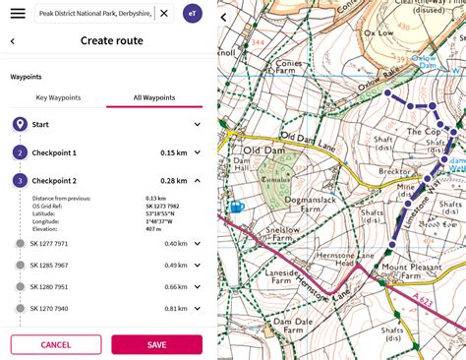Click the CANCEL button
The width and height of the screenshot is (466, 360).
click(56, 344)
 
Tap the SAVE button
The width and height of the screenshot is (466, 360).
click(156, 344)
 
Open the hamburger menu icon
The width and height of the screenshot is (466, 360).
click(18, 14)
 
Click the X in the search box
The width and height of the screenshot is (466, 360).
click(163, 14)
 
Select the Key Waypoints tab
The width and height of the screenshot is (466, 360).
click(58, 97)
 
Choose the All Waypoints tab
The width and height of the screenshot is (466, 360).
click(153, 97)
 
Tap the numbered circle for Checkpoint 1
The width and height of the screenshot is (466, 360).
click(20, 152)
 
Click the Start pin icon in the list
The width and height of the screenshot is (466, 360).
click(20, 125)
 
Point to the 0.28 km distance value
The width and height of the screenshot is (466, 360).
click(173, 181)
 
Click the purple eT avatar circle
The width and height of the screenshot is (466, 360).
click(193, 14)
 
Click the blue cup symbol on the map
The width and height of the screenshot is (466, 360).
click(236, 208)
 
